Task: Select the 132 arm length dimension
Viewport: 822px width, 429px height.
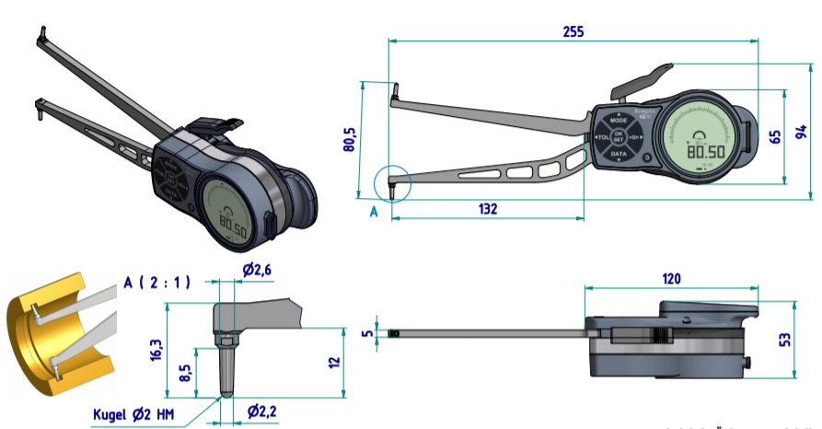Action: coord(488,209)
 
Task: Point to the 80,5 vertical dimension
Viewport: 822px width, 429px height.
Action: coord(349,138)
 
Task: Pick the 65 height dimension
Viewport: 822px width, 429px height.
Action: coord(776,136)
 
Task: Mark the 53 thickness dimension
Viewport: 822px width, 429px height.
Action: coord(785,340)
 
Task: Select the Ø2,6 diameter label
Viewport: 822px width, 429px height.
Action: coord(258,268)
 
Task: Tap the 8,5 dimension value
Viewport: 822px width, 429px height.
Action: coord(184,374)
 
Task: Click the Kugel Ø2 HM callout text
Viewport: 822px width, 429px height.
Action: coord(141,414)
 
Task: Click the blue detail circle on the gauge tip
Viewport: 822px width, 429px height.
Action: coord(390,184)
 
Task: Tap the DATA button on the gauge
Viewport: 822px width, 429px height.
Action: coord(619,154)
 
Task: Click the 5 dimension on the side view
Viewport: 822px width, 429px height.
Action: coord(367,332)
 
